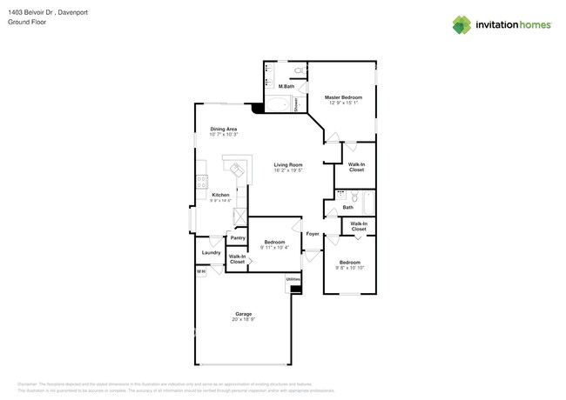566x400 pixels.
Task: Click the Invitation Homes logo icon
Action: click(462, 24)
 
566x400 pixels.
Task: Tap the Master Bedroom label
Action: click(343, 97)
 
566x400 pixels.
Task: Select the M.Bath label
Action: click(286, 87)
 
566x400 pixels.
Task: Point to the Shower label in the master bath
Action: click(297, 105)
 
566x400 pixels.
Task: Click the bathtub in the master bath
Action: click(278, 106)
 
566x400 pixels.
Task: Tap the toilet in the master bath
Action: click(298, 70)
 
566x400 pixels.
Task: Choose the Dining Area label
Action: click(224, 129)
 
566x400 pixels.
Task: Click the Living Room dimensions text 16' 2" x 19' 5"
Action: click(287, 170)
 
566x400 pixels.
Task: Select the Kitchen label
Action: click(221, 195)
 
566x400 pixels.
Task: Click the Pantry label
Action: click(237, 237)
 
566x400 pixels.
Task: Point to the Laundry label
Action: click(211, 253)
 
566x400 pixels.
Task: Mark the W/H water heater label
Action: click(200, 271)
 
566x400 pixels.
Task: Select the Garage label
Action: click(243, 313)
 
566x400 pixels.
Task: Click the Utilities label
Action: click(293, 279)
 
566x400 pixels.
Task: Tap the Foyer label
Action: click(312, 234)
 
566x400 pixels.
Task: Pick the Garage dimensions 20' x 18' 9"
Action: click(243, 320)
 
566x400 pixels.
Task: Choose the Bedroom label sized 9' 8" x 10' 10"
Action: click(350, 262)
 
